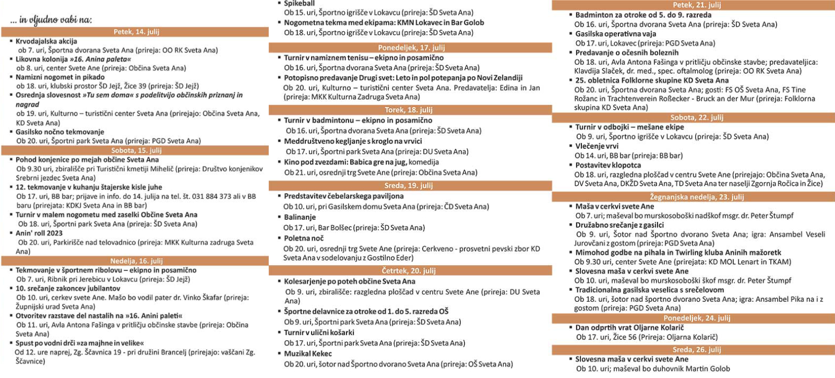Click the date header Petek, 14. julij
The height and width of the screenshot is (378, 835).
point(136,32)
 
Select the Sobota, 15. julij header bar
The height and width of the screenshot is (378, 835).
point(136,150)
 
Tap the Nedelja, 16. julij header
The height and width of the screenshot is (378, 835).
point(136,261)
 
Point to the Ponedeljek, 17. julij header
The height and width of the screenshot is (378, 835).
point(411,48)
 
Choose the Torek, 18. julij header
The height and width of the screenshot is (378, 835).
point(411,110)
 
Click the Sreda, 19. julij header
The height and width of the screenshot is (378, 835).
point(411,186)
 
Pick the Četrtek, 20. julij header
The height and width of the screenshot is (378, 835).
point(411,271)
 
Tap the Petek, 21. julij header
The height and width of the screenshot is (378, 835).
point(696,5)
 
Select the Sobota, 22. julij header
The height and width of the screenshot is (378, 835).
point(696,117)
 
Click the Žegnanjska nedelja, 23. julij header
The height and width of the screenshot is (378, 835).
point(696,197)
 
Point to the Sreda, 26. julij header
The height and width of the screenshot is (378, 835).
point(696,350)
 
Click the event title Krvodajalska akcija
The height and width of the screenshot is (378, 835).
point(46,41)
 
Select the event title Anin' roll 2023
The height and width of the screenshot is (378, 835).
point(39,233)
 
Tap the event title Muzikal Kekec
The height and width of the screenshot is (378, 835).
point(308,353)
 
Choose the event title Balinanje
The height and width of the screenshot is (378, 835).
point(300,217)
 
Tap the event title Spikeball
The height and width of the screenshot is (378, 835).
point(300,4)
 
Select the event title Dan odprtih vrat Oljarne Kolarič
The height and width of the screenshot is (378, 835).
point(629,328)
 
